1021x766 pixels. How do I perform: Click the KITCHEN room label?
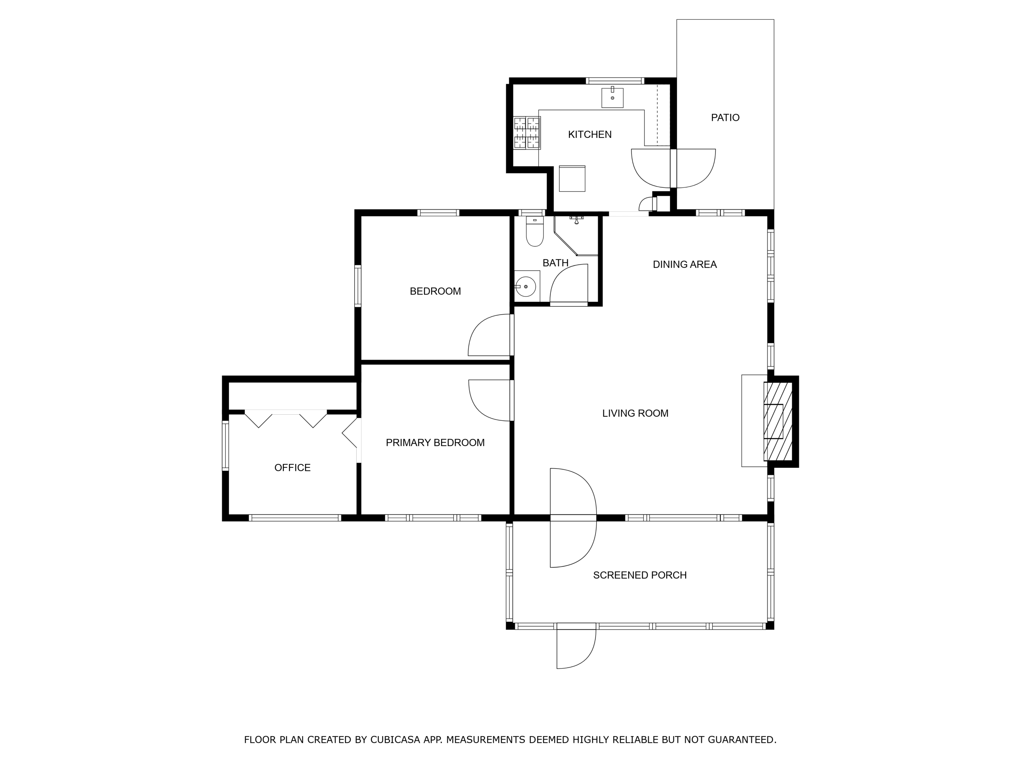click(589, 134)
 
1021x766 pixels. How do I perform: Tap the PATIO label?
click(725, 118)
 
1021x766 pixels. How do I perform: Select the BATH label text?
click(555, 263)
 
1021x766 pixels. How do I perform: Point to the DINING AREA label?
click(684, 265)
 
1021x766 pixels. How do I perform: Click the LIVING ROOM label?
click(635, 413)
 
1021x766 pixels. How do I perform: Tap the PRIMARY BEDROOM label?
click(435, 443)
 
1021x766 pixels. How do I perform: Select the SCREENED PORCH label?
click(640, 575)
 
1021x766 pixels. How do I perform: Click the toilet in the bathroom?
click(535, 232)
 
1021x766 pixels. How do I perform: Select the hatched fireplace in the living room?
click(778, 421)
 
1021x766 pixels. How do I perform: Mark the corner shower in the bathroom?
click(576, 236)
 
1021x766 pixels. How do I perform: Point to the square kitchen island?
click(572, 178)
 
